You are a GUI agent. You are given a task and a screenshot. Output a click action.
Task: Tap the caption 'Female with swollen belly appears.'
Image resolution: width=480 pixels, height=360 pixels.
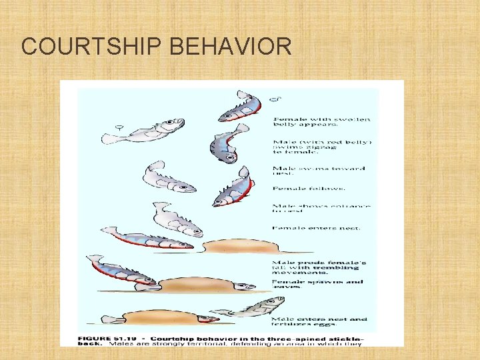click(321, 121)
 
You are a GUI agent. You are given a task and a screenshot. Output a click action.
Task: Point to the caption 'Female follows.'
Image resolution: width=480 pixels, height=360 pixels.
click(300, 189)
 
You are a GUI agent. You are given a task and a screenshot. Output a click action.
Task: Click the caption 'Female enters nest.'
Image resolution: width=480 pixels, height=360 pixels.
click(316, 227)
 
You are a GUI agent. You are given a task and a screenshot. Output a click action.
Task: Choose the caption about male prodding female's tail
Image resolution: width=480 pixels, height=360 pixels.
click(319, 267)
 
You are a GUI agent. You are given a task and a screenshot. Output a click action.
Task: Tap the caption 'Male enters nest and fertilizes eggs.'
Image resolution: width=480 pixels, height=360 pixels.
click(319, 323)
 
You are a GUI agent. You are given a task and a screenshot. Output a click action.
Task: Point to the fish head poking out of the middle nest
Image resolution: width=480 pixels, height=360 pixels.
click(244, 286)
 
